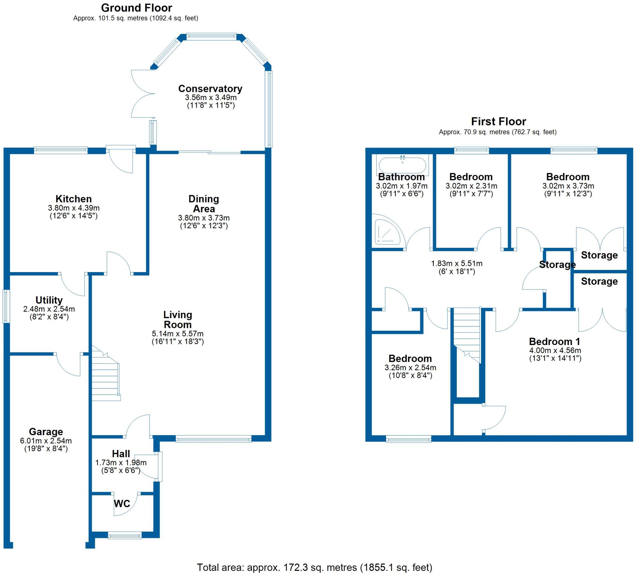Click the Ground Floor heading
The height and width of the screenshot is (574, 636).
(136, 8)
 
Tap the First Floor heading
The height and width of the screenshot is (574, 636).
(498, 121)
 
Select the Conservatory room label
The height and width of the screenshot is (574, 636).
(210, 89)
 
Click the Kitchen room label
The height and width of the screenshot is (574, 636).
(74, 199)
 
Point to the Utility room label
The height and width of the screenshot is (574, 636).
(49, 300)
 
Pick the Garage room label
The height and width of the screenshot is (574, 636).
(46, 431)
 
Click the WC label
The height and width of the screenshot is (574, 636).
(122, 503)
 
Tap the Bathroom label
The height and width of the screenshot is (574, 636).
(401, 177)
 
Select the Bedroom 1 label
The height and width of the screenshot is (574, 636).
(554, 341)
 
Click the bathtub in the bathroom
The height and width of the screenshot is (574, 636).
(402, 165)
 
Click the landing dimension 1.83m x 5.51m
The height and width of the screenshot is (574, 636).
(457, 263)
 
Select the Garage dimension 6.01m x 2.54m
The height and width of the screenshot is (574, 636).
(46, 440)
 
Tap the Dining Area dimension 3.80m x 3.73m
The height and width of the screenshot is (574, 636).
(204, 218)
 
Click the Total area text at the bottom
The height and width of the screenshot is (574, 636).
(314, 567)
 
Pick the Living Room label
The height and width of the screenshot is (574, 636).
(178, 320)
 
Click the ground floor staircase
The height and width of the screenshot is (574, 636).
(106, 375)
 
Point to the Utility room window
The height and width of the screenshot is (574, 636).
(5, 306)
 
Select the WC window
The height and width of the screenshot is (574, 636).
(125, 535)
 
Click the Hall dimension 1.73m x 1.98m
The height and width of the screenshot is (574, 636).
(121, 463)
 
